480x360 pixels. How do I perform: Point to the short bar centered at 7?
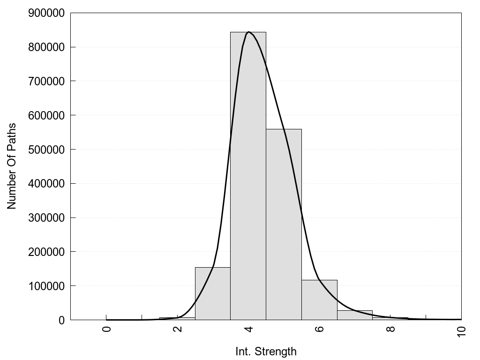(355, 315)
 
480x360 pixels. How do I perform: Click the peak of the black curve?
(248, 32)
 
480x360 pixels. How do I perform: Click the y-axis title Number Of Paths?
(12, 166)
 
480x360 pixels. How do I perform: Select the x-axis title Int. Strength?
(266, 351)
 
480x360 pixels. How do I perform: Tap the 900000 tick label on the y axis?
(46, 13)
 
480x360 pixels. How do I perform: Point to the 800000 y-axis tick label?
(46, 47)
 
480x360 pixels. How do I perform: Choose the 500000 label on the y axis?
(46, 150)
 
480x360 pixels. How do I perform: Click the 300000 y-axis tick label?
(46, 217)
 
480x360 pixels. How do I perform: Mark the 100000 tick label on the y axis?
(46, 286)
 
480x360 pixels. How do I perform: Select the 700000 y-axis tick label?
(46, 81)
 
